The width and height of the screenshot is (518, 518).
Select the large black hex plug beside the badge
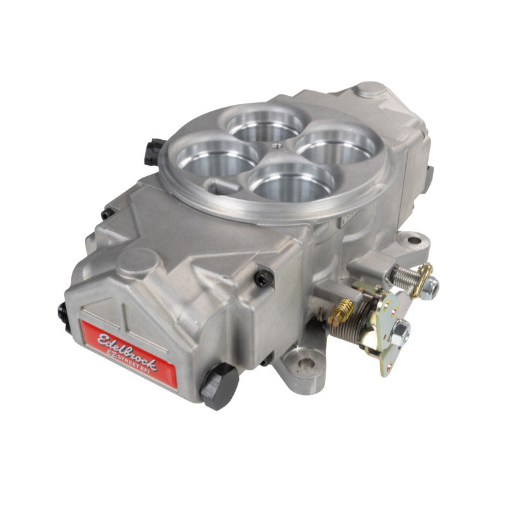(218, 386)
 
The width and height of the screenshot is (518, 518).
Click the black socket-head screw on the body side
(263, 278)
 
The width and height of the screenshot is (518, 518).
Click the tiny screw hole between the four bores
(276, 147)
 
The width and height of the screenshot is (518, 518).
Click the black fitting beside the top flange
(153, 150)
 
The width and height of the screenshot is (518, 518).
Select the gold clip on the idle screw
(424, 276)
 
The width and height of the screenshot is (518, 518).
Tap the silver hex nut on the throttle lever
(399, 332)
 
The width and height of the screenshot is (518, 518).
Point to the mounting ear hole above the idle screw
(413, 241)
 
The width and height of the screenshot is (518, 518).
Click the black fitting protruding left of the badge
(64, 317)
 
